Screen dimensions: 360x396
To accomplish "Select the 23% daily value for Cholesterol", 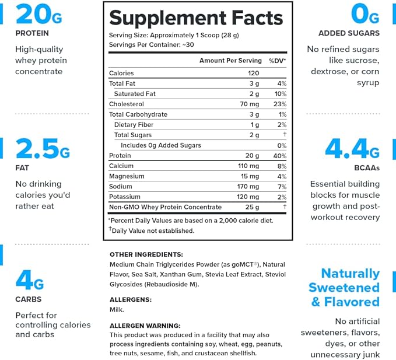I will (280, 104).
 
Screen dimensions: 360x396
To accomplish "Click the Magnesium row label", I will (127, 176).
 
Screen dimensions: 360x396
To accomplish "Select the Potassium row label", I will (126, 197).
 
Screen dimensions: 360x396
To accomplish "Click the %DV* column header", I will (277, 61).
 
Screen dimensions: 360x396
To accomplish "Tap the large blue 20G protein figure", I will (37, 14).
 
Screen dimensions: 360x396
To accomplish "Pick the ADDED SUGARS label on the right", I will (349, 33).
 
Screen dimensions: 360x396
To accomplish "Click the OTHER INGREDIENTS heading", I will (146, 254).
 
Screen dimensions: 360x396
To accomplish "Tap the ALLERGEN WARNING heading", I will (145, 326).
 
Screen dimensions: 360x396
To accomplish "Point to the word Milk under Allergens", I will (117, 310).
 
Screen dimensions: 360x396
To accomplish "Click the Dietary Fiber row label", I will (134, 125).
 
